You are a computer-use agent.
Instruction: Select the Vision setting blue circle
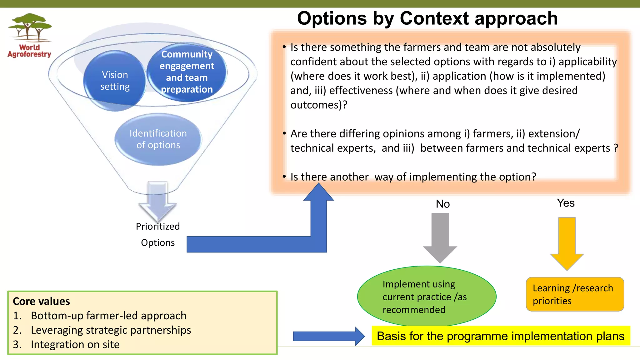pyautogui.click(x=115, y=81)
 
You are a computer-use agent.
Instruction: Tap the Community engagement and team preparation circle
pyautogui.click(x=187, y=72)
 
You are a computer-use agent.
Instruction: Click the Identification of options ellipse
pyautogui.click(x=158, y=139)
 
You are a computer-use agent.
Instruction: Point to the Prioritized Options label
pyautogui.click(x=158, y=234)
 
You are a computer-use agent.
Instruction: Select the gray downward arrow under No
pyautogui.click(x=440, y=237)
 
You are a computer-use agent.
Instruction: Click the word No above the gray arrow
pyautogui.click(x=443, y=204)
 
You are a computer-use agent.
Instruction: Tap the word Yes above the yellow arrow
pyautogui.click(x=566, y=203)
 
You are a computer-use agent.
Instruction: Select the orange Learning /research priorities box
pyautogui.click(x=575, y=294)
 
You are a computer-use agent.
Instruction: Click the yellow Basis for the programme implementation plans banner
pyautogui.click(x=501, y=336)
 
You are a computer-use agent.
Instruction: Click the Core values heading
pyautogui.click(x=41, y=301)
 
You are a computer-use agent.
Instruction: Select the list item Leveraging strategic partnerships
pyautogui.click(x=111, y=330)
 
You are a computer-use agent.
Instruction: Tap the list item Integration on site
pyautogui.click(x=75, y=344)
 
